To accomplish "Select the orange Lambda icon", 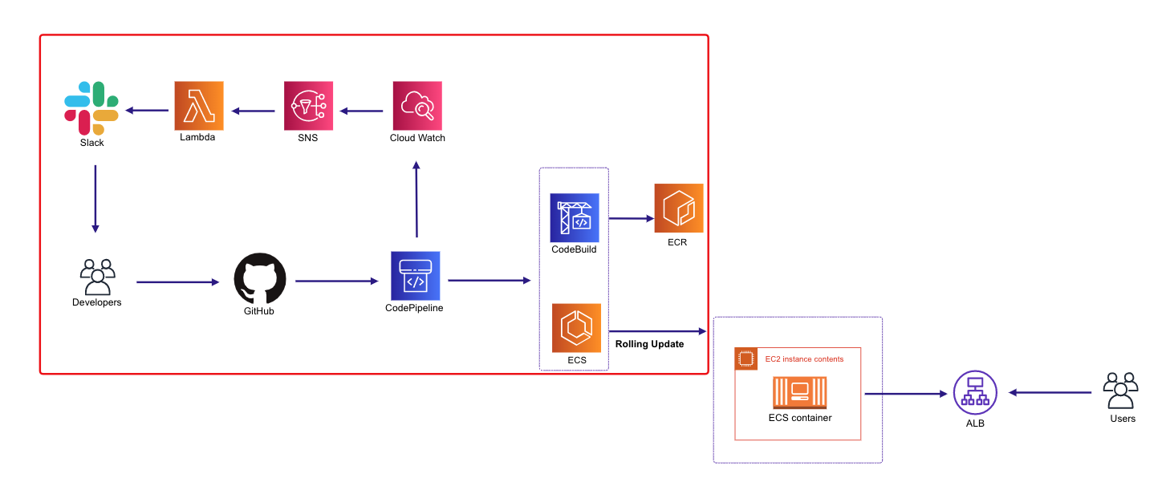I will click(199, 106).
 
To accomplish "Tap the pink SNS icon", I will click(308, 106).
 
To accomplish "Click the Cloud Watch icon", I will click(417, 106).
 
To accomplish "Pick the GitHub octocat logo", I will click(260, 278).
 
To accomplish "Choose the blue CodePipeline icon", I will click(415, 275).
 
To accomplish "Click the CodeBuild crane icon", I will click(574, 217).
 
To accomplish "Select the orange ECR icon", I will click(678, 209).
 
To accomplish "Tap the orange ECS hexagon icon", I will click(576, 327).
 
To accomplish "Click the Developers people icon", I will click(97, 277).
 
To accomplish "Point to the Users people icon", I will click(1121, 391).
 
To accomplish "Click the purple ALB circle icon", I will click(975, 393).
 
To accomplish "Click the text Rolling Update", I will click(649, 344).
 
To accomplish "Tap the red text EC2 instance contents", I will click(804, 359).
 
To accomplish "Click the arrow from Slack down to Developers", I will click(95, 198).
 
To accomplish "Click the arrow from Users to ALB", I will click(1049, 392).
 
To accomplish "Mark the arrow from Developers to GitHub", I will click(177, 282).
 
